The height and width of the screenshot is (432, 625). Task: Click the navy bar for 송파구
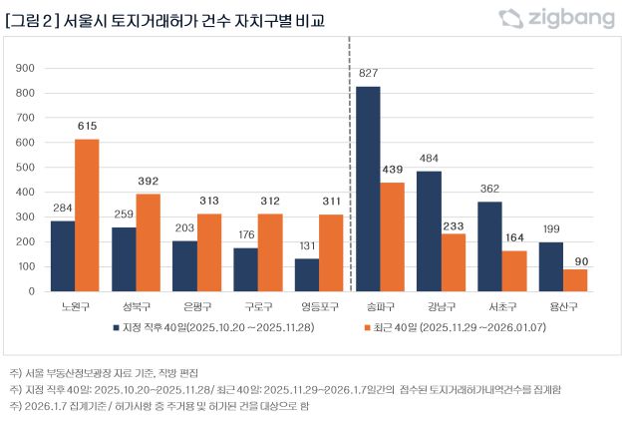click(x=368, y=189)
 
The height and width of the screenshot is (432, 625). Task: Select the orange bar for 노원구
click(x=88, y=215)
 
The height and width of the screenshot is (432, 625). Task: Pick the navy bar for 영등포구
click(x=307, y=274)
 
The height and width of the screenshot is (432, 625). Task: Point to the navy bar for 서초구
click(x=490, y=245)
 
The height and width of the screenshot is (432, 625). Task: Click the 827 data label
click(x=368, y=75)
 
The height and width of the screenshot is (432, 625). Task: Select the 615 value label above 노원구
click(x=88, y=127)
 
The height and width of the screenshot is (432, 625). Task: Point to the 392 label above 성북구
click(x=149, y=182)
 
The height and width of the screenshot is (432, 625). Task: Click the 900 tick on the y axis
click(x=26, y=68)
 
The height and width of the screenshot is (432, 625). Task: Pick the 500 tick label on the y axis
click(x=26, y=167)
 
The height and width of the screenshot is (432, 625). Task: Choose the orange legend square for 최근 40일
click(x=366, y=326)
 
